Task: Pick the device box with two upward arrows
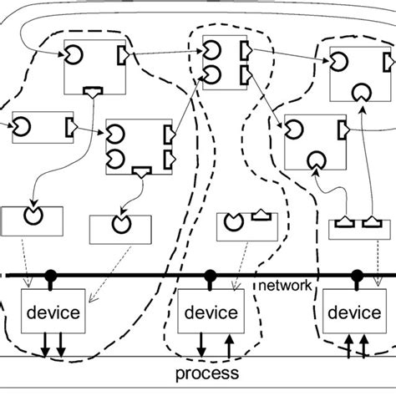352,313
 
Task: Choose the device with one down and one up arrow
211,313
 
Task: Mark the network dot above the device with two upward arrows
357,274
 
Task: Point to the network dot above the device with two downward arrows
50,274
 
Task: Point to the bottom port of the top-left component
90,92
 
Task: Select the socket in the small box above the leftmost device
32,216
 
